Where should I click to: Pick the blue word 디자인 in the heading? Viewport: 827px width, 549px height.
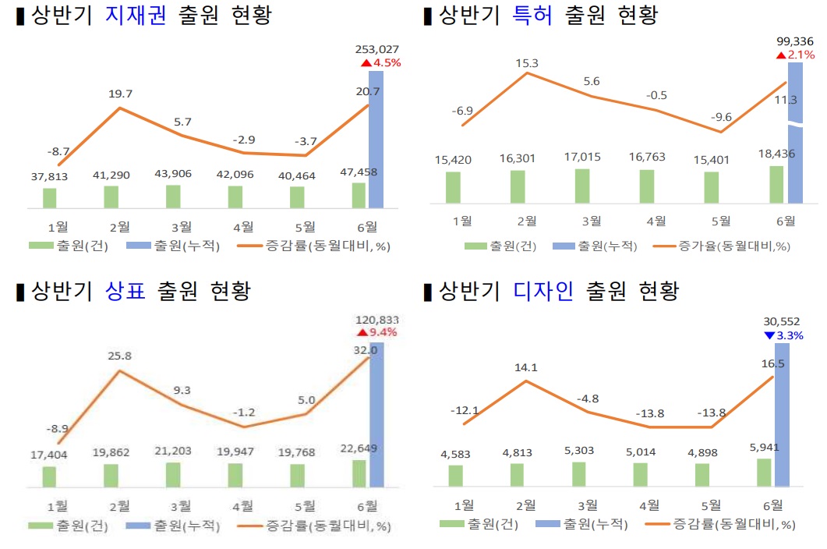pos(543,292)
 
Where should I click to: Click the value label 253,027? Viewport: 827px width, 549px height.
pos(376,49)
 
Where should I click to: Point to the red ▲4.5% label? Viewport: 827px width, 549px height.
pos(380,62)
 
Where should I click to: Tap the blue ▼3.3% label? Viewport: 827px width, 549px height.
pos(783,335)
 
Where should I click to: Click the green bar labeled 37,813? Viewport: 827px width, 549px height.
pos(49,198)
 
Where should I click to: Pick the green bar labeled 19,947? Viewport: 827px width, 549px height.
pos(235,475)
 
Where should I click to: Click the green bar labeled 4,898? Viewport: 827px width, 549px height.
pos(702,475)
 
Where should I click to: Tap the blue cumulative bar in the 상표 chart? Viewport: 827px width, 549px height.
pos(376,413)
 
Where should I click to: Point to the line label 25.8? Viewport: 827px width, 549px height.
pos(118,356)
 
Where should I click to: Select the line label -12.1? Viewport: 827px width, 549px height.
pos(464,410)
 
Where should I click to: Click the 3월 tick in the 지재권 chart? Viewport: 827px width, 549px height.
pos(181,227)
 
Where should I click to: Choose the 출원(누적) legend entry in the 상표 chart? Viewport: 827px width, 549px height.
pos(172,526)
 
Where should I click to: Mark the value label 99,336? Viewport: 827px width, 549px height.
pos(795,41)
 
